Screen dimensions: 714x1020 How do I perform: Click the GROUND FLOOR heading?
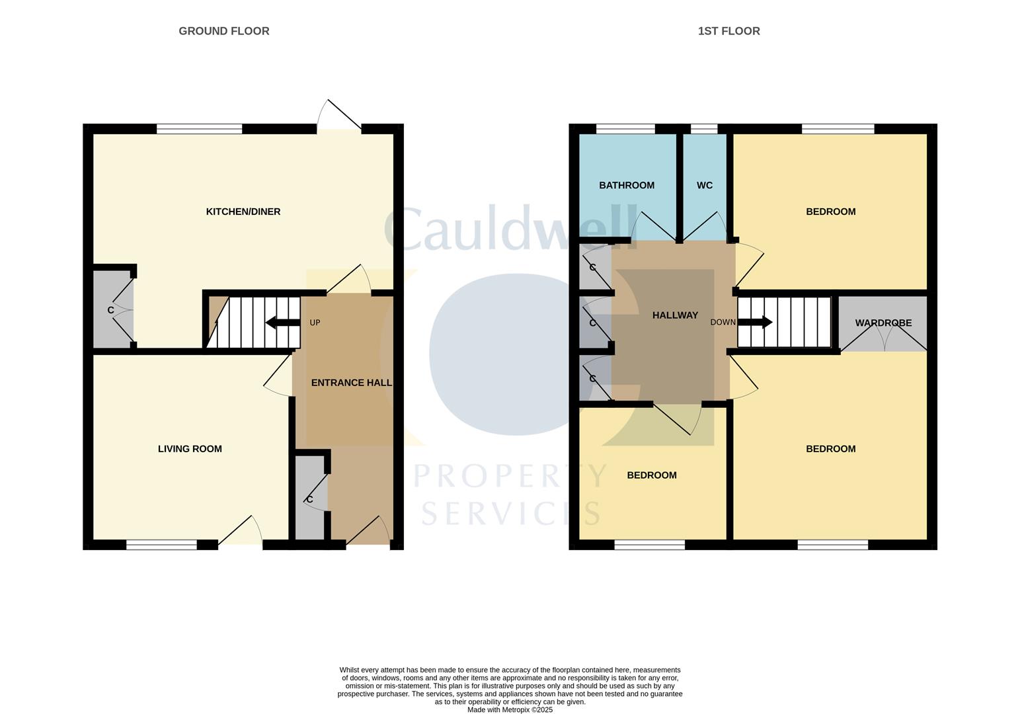coord(223,31)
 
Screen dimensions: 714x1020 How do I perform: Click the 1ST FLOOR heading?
coord(728,31)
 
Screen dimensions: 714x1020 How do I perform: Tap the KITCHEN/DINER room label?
coord(243,212)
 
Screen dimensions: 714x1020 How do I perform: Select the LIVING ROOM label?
coord(190,449)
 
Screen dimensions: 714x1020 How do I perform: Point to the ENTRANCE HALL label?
coord(351,383)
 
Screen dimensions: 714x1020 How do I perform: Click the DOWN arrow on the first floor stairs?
coord(755,323)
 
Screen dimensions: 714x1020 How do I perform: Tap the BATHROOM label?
coord(627,185)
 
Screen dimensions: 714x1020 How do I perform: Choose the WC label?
coord(705,185)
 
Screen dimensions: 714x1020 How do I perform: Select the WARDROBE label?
coord(883,323)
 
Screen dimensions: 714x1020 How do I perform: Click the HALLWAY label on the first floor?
coord(675,315)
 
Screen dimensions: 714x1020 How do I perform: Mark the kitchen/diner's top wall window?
coord(199,129)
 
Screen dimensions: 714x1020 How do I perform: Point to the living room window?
coord(161,545)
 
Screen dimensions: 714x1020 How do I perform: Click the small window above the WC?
coord(704,129)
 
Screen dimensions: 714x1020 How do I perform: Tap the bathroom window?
coord(625,129)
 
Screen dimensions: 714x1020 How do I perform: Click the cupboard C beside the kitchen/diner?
coord(111,310)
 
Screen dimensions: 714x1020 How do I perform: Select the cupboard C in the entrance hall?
coord(309,499)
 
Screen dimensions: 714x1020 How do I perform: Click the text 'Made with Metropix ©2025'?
coord(510,709)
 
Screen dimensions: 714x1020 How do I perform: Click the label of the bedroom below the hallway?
coord(651,475)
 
